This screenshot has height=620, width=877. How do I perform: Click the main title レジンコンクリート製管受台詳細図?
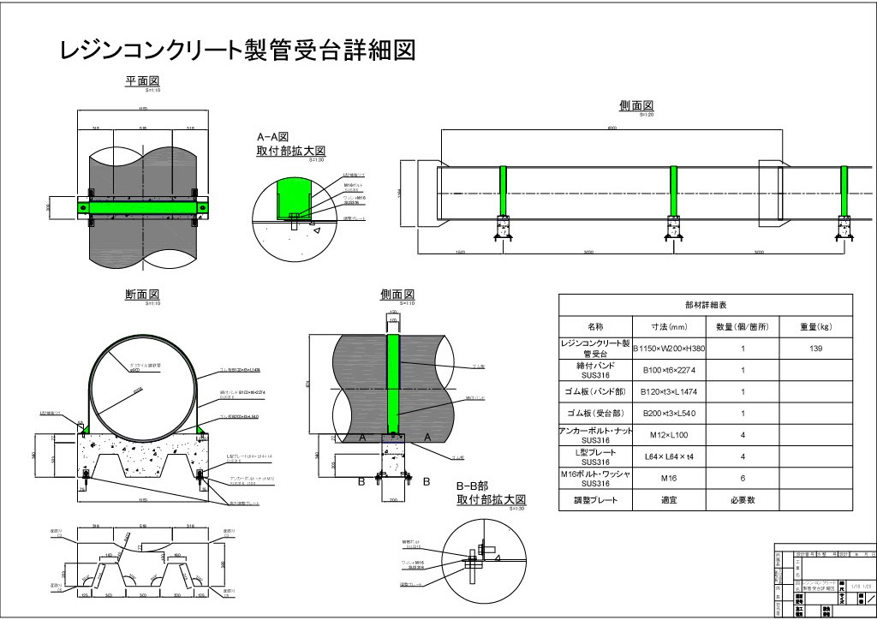(237, 51)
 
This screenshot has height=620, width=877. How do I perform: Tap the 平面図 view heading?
(143, 81)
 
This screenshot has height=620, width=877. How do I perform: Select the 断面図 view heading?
(143, 295)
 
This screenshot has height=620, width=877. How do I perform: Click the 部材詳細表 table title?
(706, 305)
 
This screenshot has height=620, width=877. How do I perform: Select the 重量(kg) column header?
(816, 326)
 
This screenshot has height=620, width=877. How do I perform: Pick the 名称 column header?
(595, 326)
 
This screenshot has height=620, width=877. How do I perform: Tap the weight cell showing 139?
(816, 349)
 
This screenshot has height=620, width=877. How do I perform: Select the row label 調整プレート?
(595, 499)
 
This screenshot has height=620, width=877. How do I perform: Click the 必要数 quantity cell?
(743, 499)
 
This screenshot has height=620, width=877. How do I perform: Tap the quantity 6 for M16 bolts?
(743, 478)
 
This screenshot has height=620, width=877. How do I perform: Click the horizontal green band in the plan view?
(143, 206)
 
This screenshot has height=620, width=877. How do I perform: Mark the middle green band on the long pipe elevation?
(674, 192)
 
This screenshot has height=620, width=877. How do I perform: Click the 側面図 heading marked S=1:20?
(636, 105)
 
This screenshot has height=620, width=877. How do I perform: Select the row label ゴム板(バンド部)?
(595, 391)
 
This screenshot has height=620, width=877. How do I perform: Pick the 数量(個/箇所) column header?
(743, 326)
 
